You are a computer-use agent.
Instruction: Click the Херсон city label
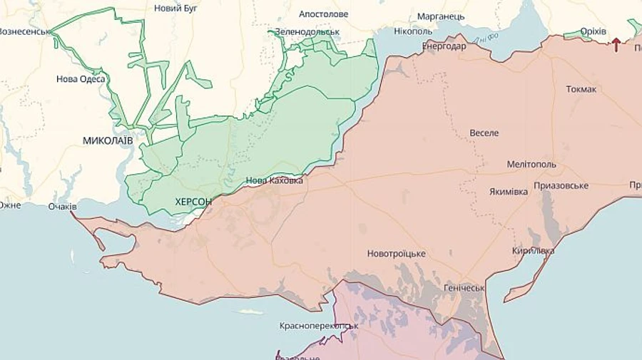coord(193,202)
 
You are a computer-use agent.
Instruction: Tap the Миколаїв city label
coord(108,140)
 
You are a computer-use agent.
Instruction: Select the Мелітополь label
coord(531,164)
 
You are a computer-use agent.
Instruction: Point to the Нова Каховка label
coord(274,181)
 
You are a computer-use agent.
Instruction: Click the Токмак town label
coord(581,89)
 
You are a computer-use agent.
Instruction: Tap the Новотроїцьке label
coord(397,254)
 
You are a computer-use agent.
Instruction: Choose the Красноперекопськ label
coord(319,326)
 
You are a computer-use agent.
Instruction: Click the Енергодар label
coord(444,46)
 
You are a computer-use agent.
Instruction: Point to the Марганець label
coord(441,16)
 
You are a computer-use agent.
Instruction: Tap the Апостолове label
coord(324,14)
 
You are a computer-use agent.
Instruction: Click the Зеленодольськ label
coord(307,32)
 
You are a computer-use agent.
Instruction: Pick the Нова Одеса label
coord(81,79)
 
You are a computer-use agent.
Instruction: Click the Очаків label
coord(62,207)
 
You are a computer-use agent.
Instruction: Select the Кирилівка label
coord(533,251)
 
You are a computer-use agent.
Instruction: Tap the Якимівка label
coord(509,192)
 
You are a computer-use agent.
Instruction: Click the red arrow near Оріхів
coord(616,45)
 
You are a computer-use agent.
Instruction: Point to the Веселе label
coord(484,133)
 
